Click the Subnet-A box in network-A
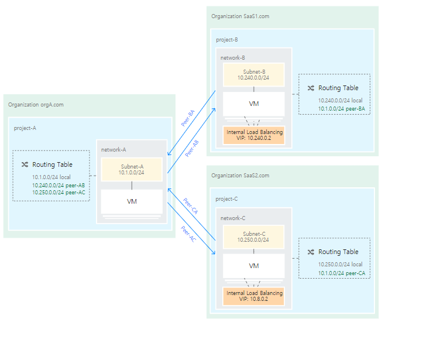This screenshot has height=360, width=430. coord(132,169)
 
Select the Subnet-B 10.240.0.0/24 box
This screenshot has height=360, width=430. coord(253,74)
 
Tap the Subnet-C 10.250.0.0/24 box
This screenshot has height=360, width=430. coord(253,236)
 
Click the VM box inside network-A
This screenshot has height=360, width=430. coord(132,201)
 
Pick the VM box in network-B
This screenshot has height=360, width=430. coord(253,104)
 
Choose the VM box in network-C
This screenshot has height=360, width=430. coord(253,266)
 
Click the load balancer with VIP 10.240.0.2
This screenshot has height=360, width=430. coord(254,135)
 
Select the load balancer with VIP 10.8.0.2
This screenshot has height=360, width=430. coord(254,296)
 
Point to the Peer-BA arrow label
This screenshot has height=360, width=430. coord(188,118)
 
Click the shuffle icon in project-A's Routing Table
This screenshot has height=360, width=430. coord(25,165)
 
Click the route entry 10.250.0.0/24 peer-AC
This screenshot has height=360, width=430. coord(59,192)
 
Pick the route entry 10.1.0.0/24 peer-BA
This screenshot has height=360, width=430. coord(341,108)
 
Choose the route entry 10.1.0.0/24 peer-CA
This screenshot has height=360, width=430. coord(341,273)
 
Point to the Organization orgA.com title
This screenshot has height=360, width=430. coord(36,104)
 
